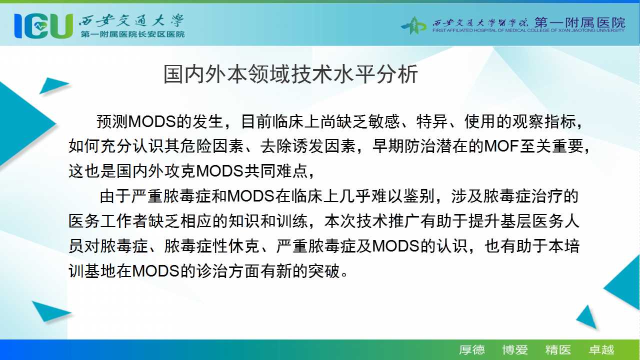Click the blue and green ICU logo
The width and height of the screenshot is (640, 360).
tap(43, 26)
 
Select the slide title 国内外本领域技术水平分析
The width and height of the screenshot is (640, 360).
tap(290, 74)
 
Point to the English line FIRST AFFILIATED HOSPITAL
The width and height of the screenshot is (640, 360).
tap(528, 30)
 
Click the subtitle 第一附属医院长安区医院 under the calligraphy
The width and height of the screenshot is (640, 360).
tap(132, 34)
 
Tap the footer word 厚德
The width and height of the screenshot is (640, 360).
tap(471, 350)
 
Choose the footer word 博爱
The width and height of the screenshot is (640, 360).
tap(515, 350)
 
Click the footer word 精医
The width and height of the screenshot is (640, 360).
tap(558, 350)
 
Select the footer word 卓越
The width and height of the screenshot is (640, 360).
tap(601, 350)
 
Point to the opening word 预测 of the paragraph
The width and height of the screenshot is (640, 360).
tap(112, 121)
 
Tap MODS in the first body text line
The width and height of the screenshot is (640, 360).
tap(152, 121)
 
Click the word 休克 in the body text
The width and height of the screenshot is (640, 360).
tap(243, 246)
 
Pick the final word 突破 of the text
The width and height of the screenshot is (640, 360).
tap(324, 271)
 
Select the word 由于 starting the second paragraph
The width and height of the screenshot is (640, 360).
tap(115, 196)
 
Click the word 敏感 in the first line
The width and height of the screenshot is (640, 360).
tap(383, 121)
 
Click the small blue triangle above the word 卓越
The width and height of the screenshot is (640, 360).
tap(587, 317)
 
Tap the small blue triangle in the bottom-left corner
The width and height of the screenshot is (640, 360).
tap(50, 311)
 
